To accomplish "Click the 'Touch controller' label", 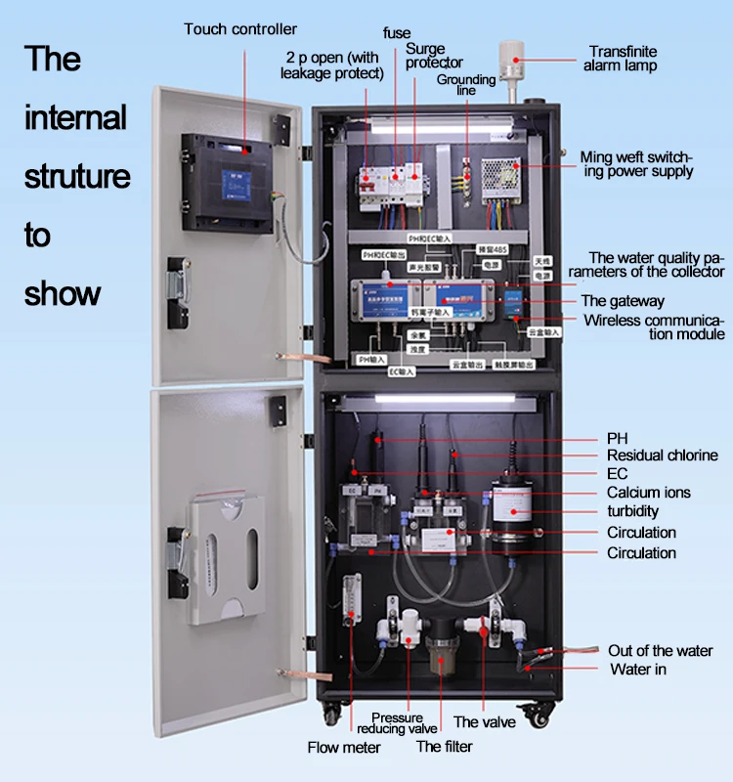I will click(240, 29).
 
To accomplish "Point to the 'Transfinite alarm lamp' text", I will click(622, 59).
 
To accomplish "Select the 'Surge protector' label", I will click(427, 56).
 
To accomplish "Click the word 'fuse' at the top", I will click(397, 33).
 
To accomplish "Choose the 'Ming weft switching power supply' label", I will click(636, 164).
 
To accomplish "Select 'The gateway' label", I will click(623, 301).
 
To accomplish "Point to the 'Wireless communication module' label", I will click(654, 327).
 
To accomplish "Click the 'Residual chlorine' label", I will click(662, 456).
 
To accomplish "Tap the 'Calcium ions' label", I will click(648, 493).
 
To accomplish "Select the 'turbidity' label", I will click(632, 511).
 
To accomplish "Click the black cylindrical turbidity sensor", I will click(511, 509).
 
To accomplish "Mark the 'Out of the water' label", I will click(661, 651).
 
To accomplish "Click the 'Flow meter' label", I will click(344, 748).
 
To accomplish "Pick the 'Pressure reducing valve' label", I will click(397, 723).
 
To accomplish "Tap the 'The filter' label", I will click(444, 747).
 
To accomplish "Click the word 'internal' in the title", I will click(75, 118).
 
